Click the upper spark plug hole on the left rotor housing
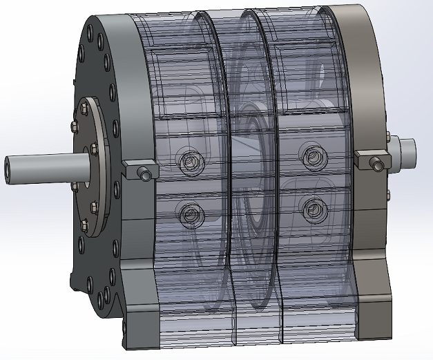[x=189, y=162]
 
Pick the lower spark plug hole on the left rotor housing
[x=189, y=215]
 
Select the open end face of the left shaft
[x=9, y=170]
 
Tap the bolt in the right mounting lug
[x=376, y=164]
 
